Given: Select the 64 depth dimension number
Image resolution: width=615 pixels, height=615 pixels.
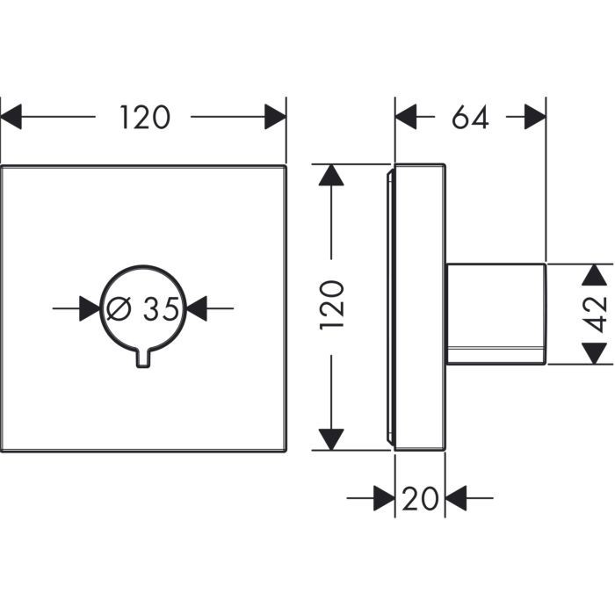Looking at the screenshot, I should click(470, 117).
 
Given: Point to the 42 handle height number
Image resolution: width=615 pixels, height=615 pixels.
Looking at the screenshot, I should click(597, 313).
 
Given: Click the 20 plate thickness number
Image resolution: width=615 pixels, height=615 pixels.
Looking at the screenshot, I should click(420, 500).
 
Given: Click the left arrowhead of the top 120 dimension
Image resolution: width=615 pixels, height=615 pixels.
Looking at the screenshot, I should click(11, 117).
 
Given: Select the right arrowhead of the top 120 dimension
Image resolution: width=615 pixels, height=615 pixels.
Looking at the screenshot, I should click(275, 117).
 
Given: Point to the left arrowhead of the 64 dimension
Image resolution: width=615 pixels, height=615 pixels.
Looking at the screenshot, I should click(406, 117).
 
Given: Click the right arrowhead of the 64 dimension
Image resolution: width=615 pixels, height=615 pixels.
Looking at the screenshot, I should click(535, 117).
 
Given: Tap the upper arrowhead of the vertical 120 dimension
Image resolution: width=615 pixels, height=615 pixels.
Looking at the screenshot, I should click(331, 175).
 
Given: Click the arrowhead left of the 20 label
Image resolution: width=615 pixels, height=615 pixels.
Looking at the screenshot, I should click(383, 499).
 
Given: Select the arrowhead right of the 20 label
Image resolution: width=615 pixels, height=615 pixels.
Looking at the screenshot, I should click(457, 499).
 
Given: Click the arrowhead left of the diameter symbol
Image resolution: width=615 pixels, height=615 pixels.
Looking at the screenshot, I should click(90, 307).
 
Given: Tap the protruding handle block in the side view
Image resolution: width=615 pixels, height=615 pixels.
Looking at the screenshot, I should click(496, 313).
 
